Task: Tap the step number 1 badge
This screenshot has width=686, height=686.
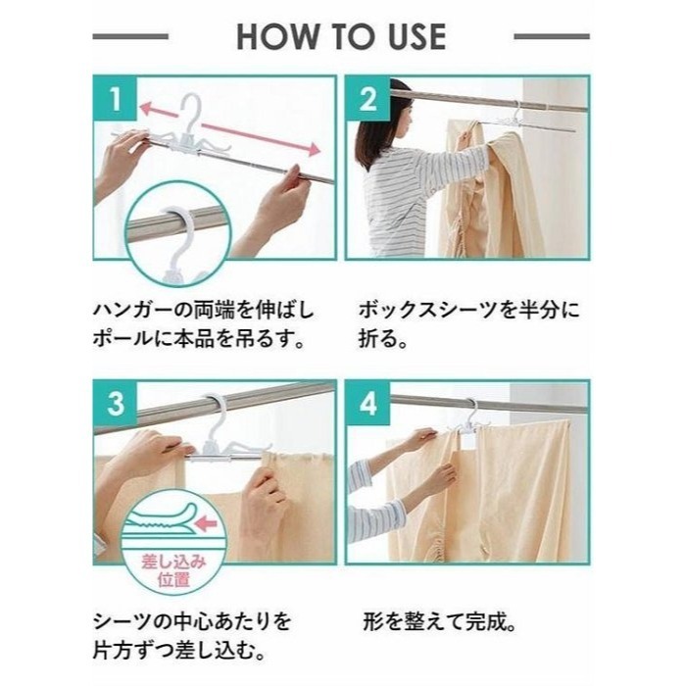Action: coord(116,98)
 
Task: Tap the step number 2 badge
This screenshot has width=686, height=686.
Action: coord(367,99)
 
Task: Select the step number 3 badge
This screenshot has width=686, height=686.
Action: coord(116,403)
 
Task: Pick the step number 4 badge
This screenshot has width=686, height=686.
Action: coord(367,404)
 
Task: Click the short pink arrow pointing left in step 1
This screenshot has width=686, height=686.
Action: coord(159,109)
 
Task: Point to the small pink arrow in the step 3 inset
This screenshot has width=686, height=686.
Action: coord(207,522)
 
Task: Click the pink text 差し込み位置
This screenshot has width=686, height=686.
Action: coord(173,570)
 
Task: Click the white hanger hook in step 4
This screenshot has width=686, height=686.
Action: coord(471,412)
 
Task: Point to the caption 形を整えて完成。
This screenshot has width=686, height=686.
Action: coord(439,621)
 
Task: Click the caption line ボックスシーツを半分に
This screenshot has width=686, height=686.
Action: coord(469,310)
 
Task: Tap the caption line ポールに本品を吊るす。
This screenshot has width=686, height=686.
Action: coord(199,338)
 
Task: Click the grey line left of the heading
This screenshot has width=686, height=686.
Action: coord(130,37)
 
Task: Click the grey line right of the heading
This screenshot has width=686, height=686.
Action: coord(552,37)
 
